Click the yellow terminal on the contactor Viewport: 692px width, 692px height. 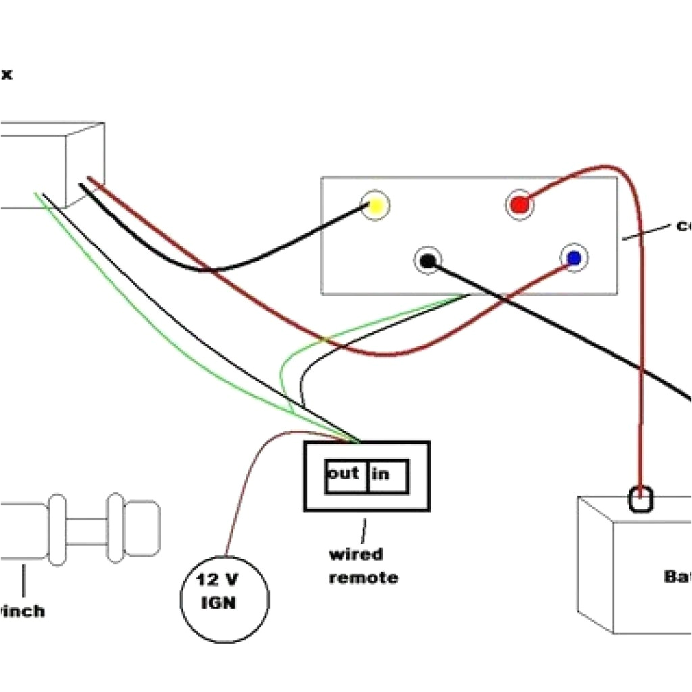click(375, 205)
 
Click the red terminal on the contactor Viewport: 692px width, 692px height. click(519, 205)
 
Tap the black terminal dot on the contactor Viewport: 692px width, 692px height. click(428, 260)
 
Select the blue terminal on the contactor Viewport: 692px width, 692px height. click(574, 257)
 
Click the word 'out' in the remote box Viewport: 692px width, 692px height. click(343, 474)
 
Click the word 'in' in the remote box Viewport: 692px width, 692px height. click(380, 474)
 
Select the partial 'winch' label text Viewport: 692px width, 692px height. click(22, 612)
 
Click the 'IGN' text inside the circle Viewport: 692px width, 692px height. click(218, 603)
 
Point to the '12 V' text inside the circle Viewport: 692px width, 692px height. click(218, 579)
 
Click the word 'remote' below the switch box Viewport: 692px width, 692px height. click(364, 578)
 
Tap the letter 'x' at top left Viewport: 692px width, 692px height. click(6, 74)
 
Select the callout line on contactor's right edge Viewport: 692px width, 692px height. click(645, 232)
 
